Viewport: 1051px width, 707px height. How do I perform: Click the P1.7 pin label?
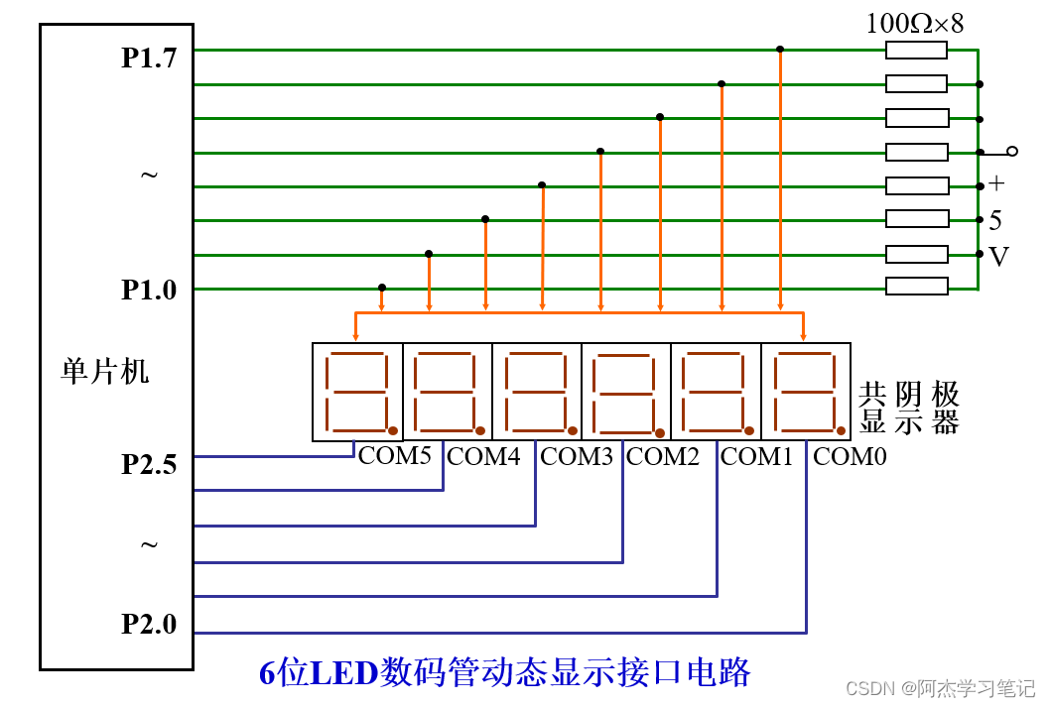tap(149, 58)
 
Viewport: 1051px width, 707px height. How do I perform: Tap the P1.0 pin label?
tap(149, 290)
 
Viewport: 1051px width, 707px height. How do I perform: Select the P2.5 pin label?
tap(149, 464)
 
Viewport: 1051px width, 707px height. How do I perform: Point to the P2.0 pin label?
tap(149, 624)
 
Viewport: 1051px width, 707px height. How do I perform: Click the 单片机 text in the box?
tap(104, 371)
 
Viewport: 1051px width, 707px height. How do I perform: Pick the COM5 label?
tap(394, 456)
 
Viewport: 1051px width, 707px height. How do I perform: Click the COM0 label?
tap(850, 456)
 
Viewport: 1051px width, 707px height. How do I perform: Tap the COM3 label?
tap(577, 456)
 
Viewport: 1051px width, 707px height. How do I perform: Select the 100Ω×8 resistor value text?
tap(914, 24)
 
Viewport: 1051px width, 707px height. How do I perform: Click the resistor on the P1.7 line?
tap(916, 51)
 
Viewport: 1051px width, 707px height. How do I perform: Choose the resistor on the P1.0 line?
tap(916, 287)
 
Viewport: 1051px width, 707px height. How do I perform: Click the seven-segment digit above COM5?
tap(357, 392)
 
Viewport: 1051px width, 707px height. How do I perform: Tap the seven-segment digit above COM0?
tap(806, 392)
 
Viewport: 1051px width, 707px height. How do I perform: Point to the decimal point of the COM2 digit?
tap(660, 433)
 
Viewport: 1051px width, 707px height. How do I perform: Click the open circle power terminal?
tap(1012, 152)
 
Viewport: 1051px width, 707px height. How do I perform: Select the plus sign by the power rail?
tap(996, 183)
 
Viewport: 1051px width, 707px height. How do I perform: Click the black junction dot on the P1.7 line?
tap(780, 50)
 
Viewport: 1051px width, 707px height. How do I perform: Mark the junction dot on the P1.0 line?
tap(382, 288)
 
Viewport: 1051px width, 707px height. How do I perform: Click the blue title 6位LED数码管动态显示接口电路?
tap(505, 672)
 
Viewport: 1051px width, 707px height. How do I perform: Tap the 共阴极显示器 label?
tap(909, 409)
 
